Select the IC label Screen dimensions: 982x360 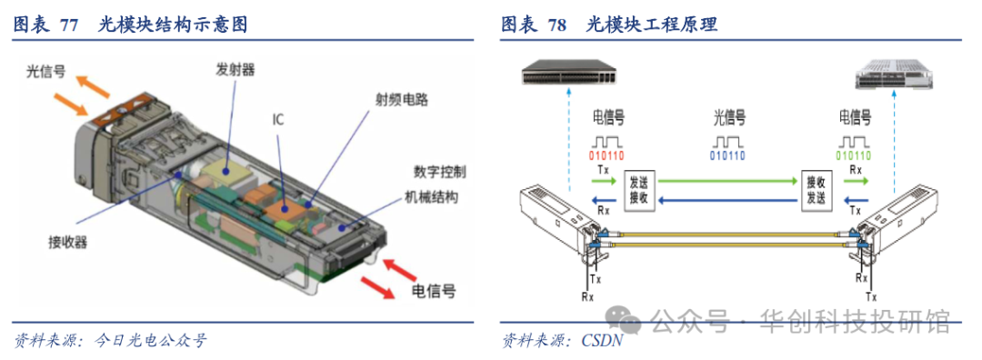277,120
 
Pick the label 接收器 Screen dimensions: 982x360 67,243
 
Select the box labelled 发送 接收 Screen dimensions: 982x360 639,192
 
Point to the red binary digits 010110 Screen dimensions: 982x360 606,155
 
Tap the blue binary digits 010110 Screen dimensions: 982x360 727,155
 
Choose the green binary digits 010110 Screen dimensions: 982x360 853,155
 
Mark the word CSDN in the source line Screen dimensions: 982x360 603,341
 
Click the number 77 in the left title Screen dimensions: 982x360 69,25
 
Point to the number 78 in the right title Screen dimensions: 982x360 556,25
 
